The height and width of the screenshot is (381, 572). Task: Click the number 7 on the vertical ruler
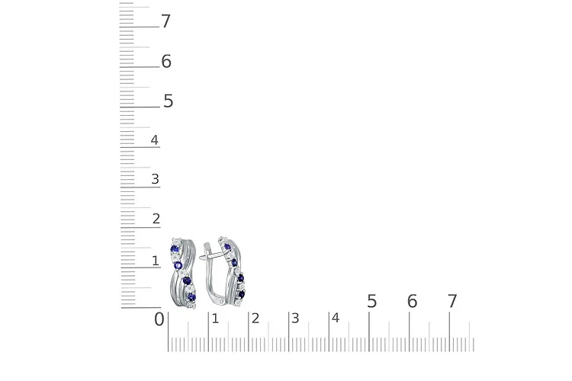[x=166, y=21]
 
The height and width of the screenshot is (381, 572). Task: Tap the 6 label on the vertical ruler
[x=166, y=61]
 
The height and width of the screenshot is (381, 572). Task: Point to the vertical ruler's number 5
[x=169, y=101]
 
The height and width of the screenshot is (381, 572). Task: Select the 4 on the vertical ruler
[x=155, y=140]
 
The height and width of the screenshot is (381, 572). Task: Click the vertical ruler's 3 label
[x=155, y=179]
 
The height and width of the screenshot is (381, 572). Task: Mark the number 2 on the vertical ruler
[x=156, y=219]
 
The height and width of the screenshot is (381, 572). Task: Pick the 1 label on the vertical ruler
[x=156, y=261]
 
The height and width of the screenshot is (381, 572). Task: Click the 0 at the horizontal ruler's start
[x=159, y=319]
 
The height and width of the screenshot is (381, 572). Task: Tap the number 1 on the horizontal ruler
[x=215, y=319]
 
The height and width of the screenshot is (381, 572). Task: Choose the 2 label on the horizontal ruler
[x=255, y=319]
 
